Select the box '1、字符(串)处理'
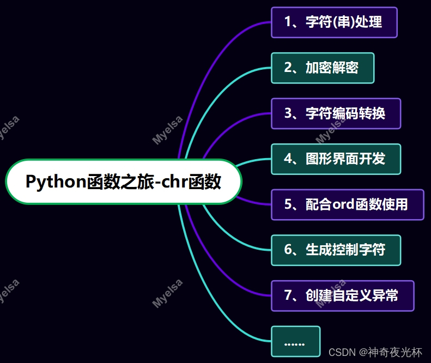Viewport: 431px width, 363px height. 334,22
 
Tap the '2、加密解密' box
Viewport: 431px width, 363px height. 323,68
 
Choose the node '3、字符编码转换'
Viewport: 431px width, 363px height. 336,113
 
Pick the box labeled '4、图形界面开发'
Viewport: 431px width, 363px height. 336,159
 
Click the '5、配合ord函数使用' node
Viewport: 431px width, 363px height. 347,204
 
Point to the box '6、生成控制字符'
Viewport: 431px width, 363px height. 336,250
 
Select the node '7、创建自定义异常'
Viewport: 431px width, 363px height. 342,295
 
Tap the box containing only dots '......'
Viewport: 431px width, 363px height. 295,341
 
